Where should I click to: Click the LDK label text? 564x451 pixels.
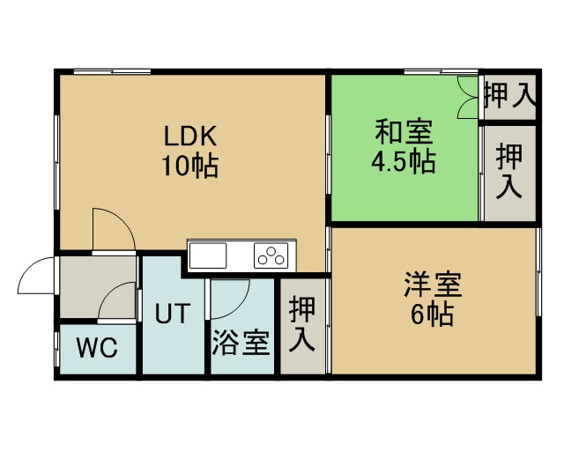[x=190, y=136]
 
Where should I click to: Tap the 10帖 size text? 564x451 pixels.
[x=190, y=166]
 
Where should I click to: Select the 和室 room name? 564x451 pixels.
[x=404, y=132]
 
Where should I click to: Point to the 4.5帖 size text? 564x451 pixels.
[x=404, y=161]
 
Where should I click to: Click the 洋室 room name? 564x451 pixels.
[x=433, y=285]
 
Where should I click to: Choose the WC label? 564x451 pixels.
[x=97, y=348]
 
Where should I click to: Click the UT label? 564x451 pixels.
[x=173, y=313]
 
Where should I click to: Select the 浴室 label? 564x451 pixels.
[x=241, y=343]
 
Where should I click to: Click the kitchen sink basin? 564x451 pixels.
[x=208, y=255]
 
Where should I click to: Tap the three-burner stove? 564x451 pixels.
[x=271, y=255]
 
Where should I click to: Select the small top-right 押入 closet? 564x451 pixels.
[x=510, y=96]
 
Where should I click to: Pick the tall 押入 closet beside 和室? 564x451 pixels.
[x=509, y=173]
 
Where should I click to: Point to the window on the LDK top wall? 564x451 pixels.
[x=112, y=71]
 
